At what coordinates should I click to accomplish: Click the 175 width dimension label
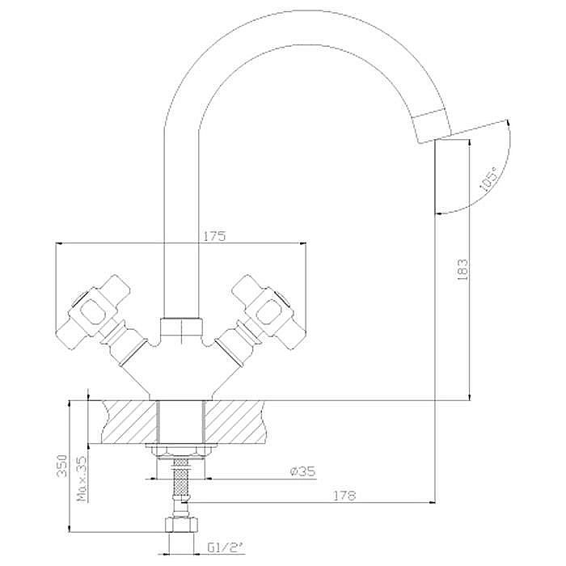tap(214, 236)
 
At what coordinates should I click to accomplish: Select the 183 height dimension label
tap(463, 269)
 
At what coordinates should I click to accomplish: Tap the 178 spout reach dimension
tap(344, 496)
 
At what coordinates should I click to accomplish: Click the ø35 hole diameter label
tap(303, 471)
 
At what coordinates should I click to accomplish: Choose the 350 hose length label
tap(62, 465)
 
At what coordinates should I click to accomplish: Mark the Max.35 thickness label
tap(82, 479)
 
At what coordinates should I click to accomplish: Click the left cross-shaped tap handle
tap(93, 311)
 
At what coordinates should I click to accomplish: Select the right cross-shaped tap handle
tap(269, 312)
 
